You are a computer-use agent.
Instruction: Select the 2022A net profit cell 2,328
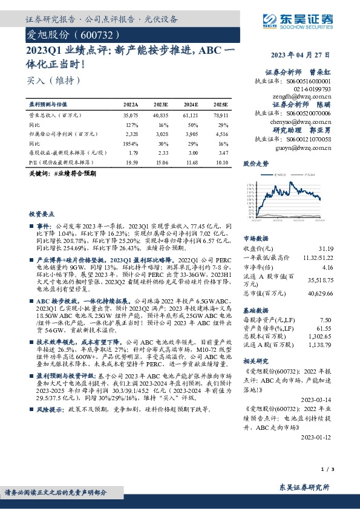(x=122, y=134)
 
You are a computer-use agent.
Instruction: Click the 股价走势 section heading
(x=256, y=163)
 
